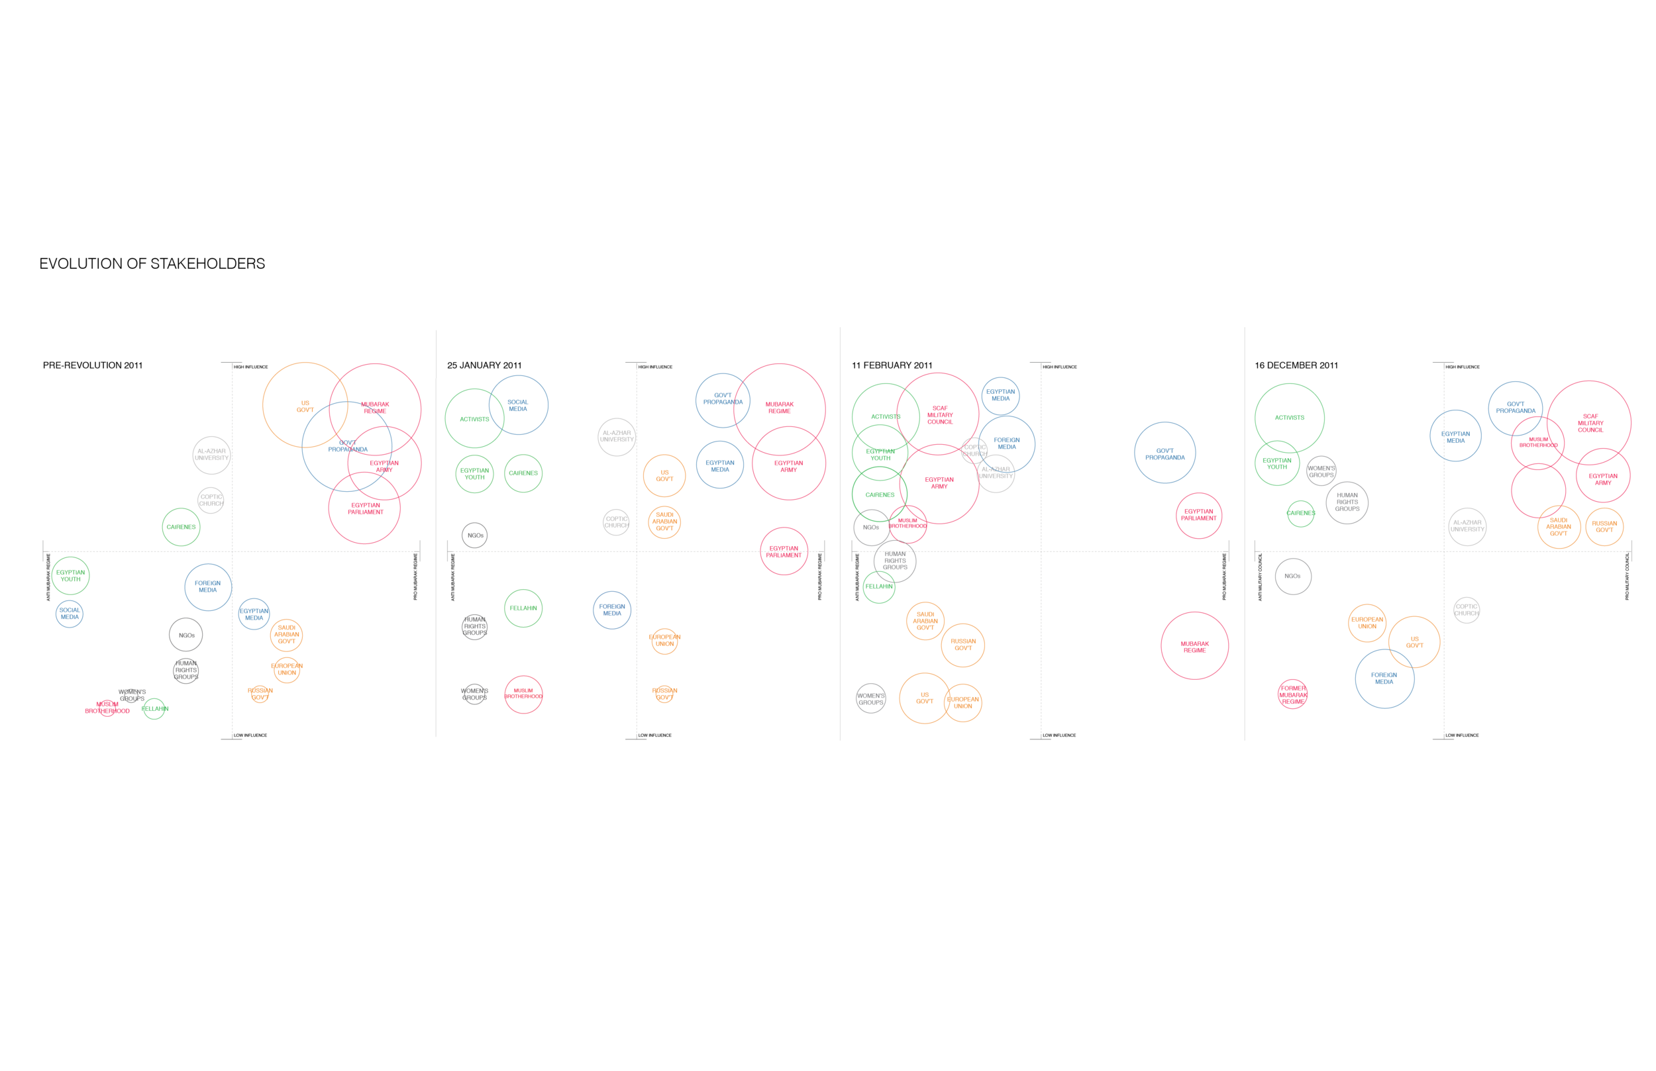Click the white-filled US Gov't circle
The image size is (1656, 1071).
tap(664, 476)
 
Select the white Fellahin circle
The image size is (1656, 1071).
tap(523, 608)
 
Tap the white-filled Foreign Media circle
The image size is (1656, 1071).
tap(611, 610)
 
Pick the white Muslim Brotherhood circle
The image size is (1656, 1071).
tap(523, 694)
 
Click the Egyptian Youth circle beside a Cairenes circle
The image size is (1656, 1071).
tap(474, 473)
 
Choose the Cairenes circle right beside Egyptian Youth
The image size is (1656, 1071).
tap(523, 473)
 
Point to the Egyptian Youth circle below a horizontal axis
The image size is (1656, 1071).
tap(70, 576)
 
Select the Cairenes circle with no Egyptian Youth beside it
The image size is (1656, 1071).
tap(181, 527)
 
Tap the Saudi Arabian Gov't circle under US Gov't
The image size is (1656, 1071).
tap(664, 522)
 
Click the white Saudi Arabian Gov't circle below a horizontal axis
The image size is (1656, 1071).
tap(286, 634)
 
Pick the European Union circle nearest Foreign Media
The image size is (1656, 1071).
tap(664, 641)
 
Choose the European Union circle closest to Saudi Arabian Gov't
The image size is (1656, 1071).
tap(286, 670)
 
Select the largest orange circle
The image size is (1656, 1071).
tap(305, 404)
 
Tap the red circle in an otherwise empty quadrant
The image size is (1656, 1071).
tap(1195, 645)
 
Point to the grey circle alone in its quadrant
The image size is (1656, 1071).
tap(1466, 610)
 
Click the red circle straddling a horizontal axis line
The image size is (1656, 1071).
tap(784, 551)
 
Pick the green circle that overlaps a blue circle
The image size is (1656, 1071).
tap(474, 418)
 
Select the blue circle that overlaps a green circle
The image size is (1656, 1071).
tap(519, 404)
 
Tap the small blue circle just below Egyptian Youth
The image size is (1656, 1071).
tap(70, 614)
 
